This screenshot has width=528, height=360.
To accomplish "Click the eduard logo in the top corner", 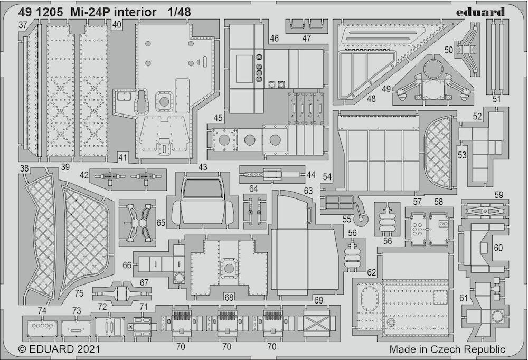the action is point(481,13).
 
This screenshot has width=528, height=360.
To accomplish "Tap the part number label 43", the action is point(203,167).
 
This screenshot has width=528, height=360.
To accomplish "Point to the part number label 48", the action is point(371,99).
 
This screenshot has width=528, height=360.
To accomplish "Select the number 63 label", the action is point(308,191).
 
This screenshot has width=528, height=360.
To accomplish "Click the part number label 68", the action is point(229,297).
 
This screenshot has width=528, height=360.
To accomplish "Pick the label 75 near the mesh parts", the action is point(79,293).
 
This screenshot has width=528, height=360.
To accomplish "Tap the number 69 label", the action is point(318,300).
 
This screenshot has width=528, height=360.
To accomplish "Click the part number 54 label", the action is point(327,177).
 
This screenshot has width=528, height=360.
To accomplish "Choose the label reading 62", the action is point(371,272).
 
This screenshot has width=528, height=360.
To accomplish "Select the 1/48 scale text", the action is point(179,12).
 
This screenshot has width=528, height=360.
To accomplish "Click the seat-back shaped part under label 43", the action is point(203,202).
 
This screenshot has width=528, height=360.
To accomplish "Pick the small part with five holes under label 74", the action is point(42,326).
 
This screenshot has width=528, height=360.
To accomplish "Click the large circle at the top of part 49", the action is point(433,70).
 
